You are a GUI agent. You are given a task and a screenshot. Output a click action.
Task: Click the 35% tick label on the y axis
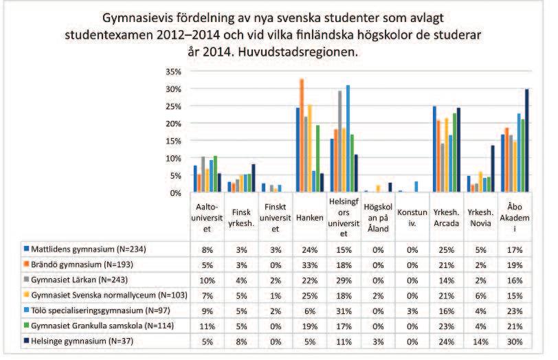click(173, 71)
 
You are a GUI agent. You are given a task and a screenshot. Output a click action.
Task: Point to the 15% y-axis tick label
click(173, 141)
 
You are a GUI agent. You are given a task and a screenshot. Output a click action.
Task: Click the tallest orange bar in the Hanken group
click(302, 135)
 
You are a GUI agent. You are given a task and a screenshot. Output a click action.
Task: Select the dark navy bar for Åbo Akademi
click(526, 141)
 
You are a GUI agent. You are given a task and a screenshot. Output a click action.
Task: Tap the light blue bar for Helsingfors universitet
click(348, 139)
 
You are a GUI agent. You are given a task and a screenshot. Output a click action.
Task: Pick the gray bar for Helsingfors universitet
click(340, 142)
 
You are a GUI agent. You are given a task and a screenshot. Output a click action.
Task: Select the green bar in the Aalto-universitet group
click(215, 174)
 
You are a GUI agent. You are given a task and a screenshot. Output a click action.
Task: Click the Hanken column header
click(310, 218)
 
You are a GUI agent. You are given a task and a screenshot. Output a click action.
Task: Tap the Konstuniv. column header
click(412, 218)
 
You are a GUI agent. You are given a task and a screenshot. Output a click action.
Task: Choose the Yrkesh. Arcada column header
click(446, 218)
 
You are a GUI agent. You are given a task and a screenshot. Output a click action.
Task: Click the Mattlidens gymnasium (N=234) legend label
click(89, 249)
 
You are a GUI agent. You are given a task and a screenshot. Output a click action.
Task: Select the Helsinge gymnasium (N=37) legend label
click(82, 341)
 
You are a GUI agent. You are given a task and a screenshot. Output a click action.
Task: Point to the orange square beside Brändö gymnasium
click(26, 264)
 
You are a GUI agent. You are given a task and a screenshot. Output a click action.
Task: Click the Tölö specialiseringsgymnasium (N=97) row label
click(101, 311)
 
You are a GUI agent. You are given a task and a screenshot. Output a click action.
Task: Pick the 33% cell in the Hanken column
click(310, 265)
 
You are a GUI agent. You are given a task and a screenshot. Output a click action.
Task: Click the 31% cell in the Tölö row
click(344, 311)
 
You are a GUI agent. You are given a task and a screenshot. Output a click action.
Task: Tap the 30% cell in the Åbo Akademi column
click(515, 342)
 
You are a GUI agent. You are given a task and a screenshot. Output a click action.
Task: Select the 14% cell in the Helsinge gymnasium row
click(480, 342)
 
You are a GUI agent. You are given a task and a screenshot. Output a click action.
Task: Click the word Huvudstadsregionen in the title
click(298, 52)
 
